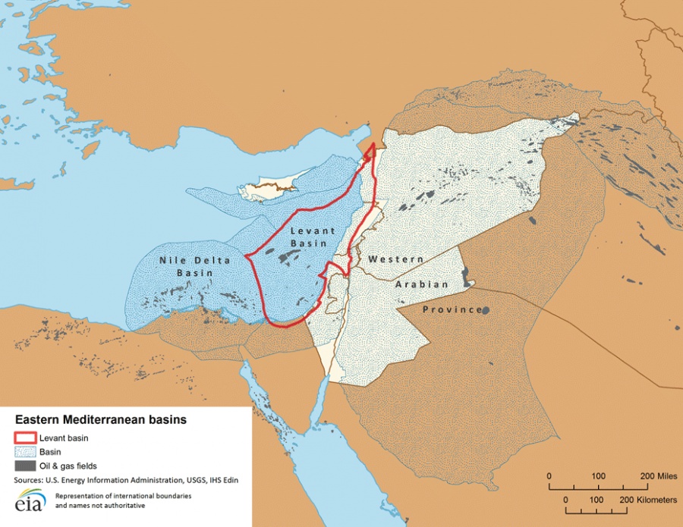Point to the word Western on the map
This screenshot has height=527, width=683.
point(395,259)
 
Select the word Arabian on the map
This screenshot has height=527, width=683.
point(421,284)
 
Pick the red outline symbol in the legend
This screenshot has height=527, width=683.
point(26,437)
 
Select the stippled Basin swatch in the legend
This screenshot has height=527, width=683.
point(26,451)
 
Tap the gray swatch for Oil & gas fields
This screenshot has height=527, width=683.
point(26,466)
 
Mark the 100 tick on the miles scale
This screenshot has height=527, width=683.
point(598,475)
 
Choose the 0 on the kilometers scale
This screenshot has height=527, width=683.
point(566,500)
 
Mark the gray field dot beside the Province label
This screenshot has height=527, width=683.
point(485,309)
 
